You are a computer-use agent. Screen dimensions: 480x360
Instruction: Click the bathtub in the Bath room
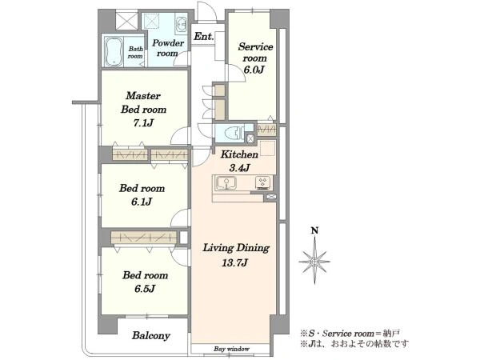click(114, 52)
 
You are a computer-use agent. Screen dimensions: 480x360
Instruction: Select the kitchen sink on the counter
click(226, 182)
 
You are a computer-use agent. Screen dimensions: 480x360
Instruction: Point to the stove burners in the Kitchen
click(263, 182)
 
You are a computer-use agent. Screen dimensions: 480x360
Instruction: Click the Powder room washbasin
click(182, 24)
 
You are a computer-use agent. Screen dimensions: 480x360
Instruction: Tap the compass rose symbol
click(314, 262)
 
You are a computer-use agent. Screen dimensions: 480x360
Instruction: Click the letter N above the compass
click(314, 230)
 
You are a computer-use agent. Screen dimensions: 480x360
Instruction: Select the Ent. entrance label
click(204, 37)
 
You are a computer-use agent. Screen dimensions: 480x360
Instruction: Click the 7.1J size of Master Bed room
click(143, 122)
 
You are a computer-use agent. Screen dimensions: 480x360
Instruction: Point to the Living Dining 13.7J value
click(234, 262)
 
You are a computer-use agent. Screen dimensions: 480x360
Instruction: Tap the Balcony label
click(151, 335)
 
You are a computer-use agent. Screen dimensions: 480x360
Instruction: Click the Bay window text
click(231, 349)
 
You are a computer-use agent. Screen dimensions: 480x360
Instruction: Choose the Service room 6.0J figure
click(254, 70)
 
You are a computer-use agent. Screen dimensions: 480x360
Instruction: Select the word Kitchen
click(239, 154)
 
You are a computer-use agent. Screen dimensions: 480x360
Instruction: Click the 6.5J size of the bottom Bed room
click(145, 288)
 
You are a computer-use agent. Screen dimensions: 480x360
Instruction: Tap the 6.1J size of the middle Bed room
click(142, 202)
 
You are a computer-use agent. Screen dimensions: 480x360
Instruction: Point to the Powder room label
click(168, 48)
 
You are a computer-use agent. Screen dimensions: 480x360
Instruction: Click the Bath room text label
click(136, 52)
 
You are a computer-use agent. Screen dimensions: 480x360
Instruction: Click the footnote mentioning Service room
click(350, 333)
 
